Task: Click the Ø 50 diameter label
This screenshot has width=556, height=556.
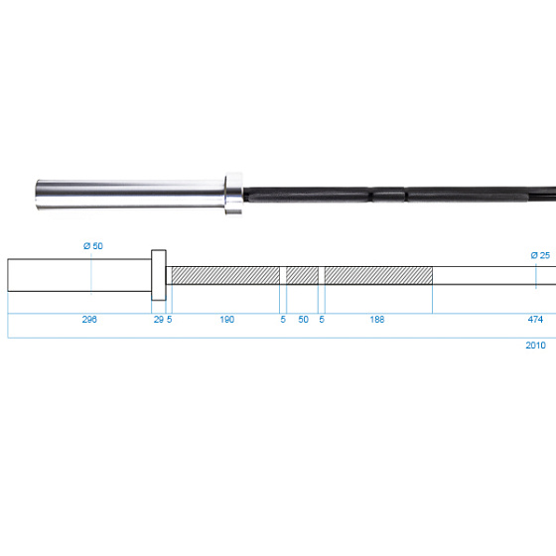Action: pyautogui.click(x=93, y=246)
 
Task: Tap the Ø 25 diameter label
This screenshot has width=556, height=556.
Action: pyautogui.click(x=540, y=255)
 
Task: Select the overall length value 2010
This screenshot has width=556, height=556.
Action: pyautogui.click(x=535, y=346)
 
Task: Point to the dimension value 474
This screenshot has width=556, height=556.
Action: pyautogui.click(x=535, y=319)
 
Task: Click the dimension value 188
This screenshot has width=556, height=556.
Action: pyautogui.click(x=377, y=319)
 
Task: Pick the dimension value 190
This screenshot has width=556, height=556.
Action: pyautogui.click(x=227, y=319)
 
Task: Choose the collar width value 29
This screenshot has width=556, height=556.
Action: pyautogui.click(x=159, y=319)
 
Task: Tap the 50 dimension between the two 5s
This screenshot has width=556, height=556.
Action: pyautogui.click(x=303, y=319)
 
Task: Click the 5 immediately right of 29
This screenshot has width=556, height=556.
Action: pyautogui.click(x=170, y=319)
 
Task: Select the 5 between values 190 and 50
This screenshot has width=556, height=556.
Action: pyautogui.click(x=283, y=319)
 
